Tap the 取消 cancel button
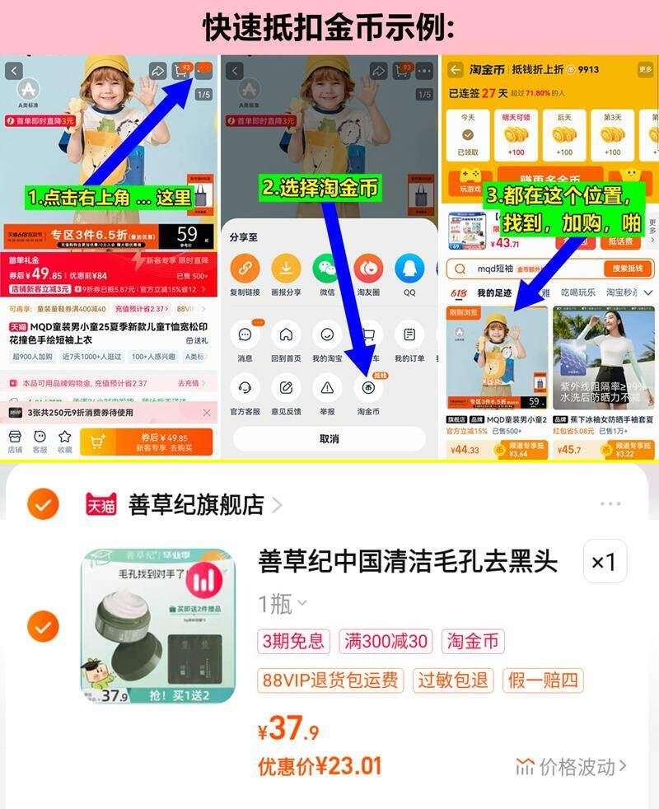pos(329,438)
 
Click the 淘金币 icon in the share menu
pos(368,387)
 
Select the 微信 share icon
pos(327,269)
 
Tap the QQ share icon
pos(409,269)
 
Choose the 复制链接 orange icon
pos(245,269)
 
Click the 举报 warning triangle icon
pos(327,387)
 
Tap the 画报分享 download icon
pos(286,269)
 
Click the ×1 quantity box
pos(604,562)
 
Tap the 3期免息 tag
pos(294,641)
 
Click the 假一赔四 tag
pos(544,680)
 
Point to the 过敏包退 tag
pos(453,680)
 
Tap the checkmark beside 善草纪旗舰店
pos(43,503)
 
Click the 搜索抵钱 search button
pos(628,269)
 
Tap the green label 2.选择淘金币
pos(320,188)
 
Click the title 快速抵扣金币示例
pos(329,28)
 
